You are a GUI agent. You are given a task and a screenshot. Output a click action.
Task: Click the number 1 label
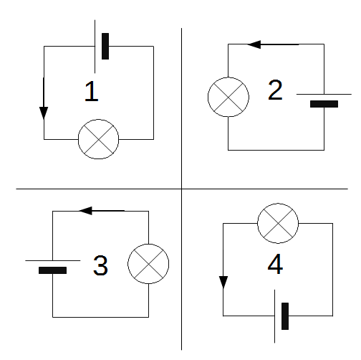coord(92,91)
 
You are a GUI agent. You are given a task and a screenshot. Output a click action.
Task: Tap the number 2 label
coord(275,90)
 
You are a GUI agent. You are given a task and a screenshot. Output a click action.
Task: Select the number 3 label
coord(100,265)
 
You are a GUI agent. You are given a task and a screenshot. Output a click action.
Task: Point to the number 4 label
coord(275,264)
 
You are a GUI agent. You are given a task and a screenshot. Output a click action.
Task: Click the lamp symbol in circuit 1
coord(98,139)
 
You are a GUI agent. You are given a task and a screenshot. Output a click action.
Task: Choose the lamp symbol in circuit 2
coord(228,97)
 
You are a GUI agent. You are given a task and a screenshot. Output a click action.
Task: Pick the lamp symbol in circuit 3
coord(148,264)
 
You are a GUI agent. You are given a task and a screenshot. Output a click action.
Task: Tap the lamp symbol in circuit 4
coord(278,223)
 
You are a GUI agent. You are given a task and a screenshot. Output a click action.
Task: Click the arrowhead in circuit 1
coord(44,113)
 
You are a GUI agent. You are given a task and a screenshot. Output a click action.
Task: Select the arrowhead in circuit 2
coord(254,44)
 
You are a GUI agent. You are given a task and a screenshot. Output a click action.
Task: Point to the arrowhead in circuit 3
coord(85,211)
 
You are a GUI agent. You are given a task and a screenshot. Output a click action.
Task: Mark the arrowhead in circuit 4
coord(223,283)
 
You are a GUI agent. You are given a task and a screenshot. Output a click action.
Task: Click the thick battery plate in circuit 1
coord(105,46)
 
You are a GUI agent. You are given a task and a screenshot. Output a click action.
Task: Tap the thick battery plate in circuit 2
coord(324,104)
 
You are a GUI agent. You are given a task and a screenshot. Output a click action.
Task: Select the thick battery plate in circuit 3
coord(52,270)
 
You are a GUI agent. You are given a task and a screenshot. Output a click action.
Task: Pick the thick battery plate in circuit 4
coord(285,316)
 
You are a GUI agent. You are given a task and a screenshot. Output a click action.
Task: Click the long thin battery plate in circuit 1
coord(95,47)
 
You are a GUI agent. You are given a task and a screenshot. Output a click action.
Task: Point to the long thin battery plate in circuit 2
coord(324,94)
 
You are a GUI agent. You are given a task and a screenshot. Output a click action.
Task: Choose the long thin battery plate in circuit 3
coord(53,260)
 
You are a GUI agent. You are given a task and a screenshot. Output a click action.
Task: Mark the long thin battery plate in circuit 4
coord(274,316)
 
